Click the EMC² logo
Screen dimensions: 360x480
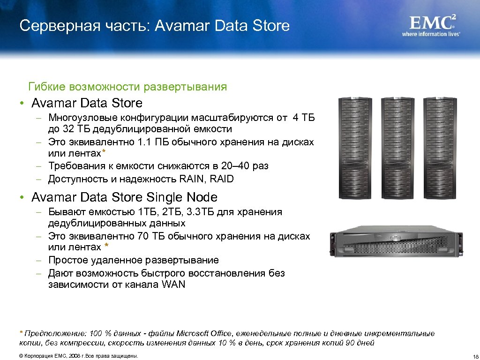433,22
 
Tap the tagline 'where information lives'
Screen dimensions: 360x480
431,34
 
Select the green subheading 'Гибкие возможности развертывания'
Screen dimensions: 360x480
127,87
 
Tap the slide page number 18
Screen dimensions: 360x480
474,356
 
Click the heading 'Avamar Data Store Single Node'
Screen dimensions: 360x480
124,197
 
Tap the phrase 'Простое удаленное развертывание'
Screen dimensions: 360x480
133,260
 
